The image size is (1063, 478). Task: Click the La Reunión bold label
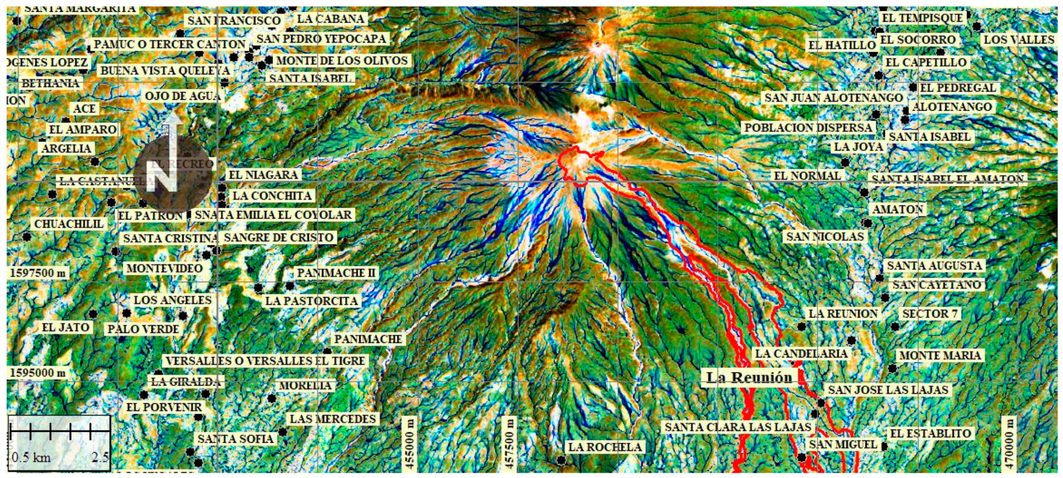coord(749,377)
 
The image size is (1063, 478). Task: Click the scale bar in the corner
coord(59,443)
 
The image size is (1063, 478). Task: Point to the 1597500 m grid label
coord(38,273)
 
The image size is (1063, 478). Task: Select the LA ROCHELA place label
coord(605,447)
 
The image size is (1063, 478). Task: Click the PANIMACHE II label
coord(336,273)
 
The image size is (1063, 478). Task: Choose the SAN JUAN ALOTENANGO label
coord(834,98)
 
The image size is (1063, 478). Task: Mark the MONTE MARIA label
coord(940,356)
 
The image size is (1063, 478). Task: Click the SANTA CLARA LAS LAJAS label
coord(738,427)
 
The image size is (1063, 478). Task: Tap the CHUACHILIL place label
coord(69,224)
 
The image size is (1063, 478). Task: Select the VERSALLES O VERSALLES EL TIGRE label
coord(265,361)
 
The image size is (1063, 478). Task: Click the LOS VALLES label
coord(1019,40)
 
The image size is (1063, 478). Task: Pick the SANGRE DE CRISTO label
coord(279,238)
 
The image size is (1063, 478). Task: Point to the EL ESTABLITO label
coord(930,433)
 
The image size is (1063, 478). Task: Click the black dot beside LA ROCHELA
coord(561,459)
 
